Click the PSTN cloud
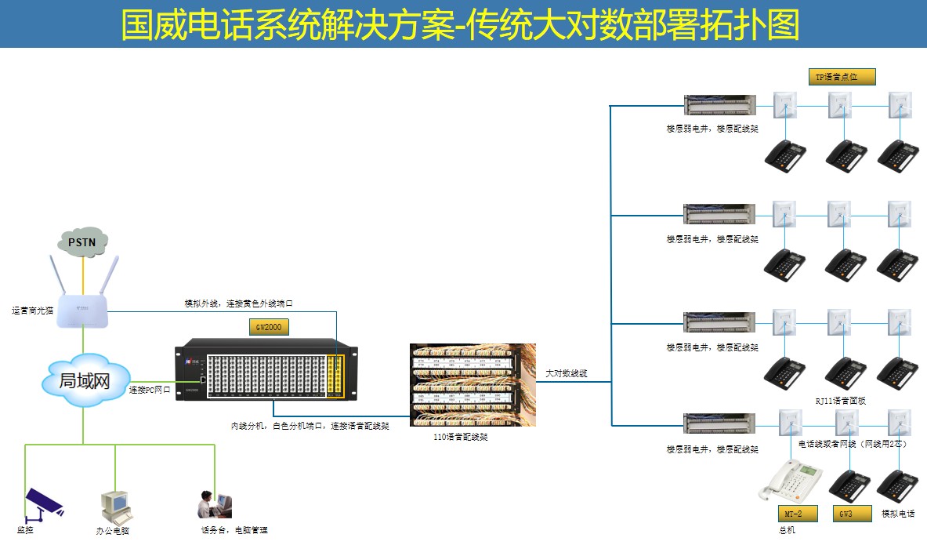point(82,242)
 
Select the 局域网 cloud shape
point(84,381)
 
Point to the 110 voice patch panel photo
point(473,385)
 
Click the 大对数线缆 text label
point(567,373)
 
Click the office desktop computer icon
point(114,507)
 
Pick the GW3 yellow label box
point(846,514)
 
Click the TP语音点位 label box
point(842,76)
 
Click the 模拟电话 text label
point(898,514)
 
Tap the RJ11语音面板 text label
point(840,401)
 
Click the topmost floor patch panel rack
point(719,104)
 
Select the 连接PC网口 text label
point(150,390)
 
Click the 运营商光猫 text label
point(32,311)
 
